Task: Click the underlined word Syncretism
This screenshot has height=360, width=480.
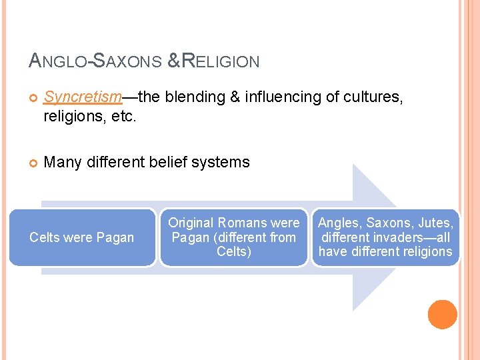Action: click(83, 97)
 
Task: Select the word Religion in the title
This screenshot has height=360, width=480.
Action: click(221, 62)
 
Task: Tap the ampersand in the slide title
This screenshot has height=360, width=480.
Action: click(172, 62)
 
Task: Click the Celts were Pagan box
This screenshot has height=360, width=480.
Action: click(82, 237)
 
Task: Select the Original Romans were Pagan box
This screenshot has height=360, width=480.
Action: click(233, 237)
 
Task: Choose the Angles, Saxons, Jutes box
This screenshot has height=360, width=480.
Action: click(385, 237)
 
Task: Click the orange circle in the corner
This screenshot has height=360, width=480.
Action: click(443, 315)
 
